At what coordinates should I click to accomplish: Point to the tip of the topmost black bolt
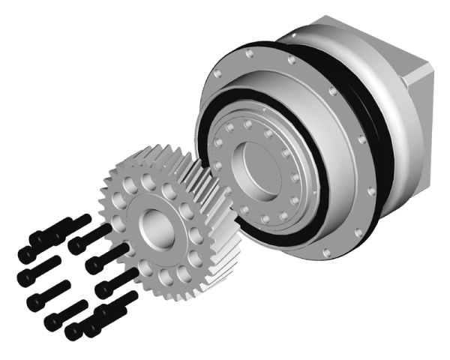click(89, 218)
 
